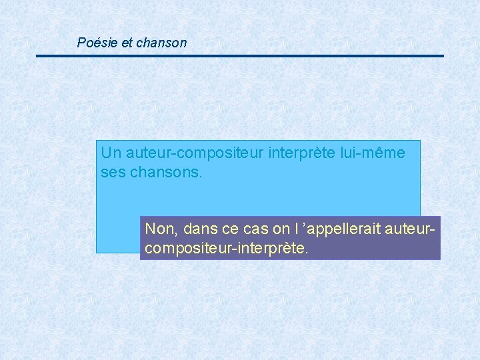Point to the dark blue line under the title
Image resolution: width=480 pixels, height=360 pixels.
[x=240, y=56]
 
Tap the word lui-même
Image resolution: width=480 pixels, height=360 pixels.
[x=374, y=153]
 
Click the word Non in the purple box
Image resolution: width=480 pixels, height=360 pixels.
[x=159, y=229]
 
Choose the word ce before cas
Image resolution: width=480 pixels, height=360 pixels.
[x=230, y=229]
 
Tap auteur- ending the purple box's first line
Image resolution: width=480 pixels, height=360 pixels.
[x=414, y=229]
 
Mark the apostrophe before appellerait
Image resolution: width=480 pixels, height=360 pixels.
[x=305, y=226]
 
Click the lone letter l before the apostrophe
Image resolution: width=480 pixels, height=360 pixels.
[x=295, y=229]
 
